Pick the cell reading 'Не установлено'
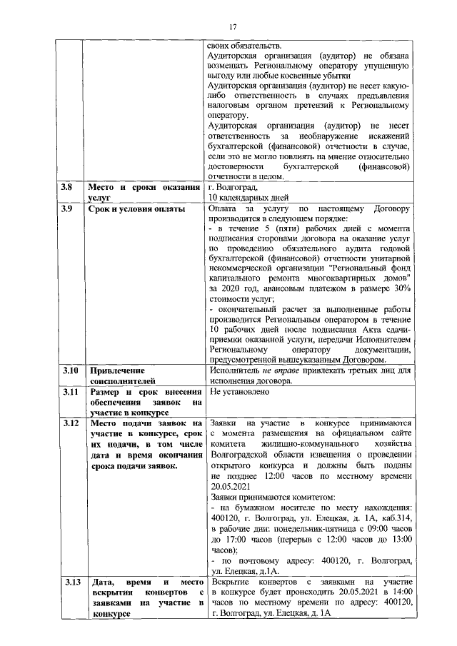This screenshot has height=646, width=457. click(240, 392)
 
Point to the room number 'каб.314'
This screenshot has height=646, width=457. click(397, 528)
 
